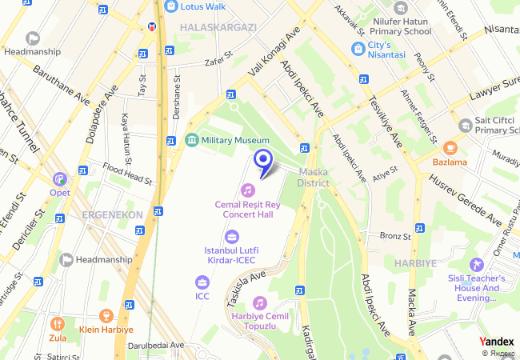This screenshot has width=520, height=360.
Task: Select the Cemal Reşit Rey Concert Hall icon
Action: (x=248, y=190)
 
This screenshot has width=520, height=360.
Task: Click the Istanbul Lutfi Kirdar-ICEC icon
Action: (x=232, y=236)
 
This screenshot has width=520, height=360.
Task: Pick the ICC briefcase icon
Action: (x=202, y=282)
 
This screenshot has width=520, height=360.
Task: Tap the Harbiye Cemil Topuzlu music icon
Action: (x=259, y=302)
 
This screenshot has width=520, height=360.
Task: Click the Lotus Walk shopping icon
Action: (x=170, y=6)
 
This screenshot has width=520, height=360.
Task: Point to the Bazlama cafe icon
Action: (x=450, y=148)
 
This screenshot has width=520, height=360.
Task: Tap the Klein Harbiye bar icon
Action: (x=105, y=316)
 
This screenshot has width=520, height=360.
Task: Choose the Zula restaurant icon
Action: (x=56, y=324)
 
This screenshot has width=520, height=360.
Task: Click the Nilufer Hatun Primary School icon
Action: (x=401, y=8)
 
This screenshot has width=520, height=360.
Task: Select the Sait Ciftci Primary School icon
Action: (x=465, y=125)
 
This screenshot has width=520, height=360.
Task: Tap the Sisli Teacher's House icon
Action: (x=478, y=264)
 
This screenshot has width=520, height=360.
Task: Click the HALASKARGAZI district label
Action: (x=218, y=27)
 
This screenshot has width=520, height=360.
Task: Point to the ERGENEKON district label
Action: (x=111, y=214)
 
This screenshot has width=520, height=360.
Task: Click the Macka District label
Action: (x=314, y=177)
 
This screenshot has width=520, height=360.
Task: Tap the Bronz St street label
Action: (x=394, y=236)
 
